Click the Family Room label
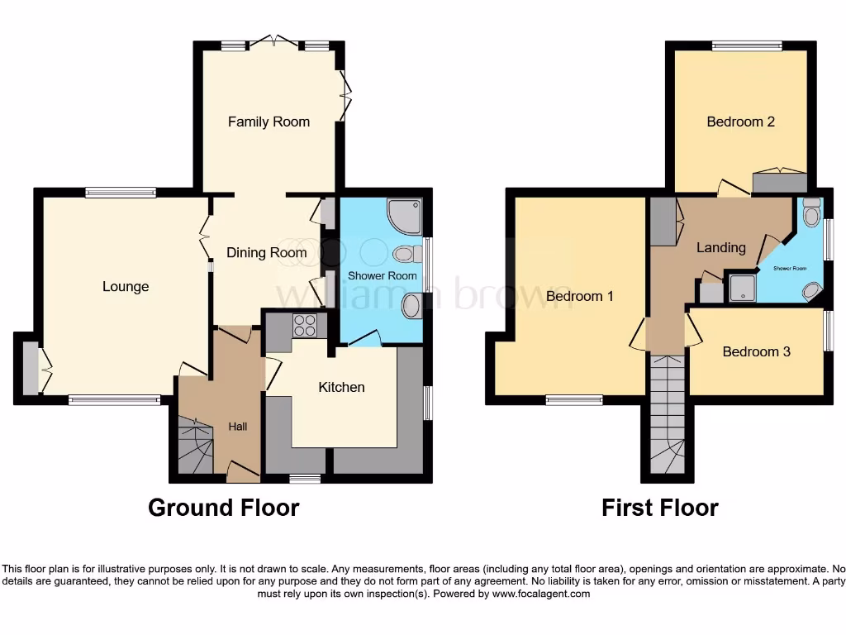[x=269, y=122]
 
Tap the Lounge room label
[x=126, y=286]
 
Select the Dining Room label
[x=266, y=252]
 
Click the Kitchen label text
[x=341, y=386]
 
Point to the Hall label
[x=238, y=427]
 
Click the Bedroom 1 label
[x=579, y=295]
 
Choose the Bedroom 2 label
[x=740, y=122]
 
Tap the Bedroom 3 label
[x=756, y=351]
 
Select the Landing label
[x=720, y=247]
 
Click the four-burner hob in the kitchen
[x=305, y=325]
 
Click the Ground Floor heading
[x=223, y=507]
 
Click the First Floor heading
[x=659, y=507]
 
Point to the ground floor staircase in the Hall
[x=195, y=448]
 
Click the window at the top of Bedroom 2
[x=747, y=46]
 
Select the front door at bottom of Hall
[x=243, y=473]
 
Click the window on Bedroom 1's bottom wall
[x=573, y=400]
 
